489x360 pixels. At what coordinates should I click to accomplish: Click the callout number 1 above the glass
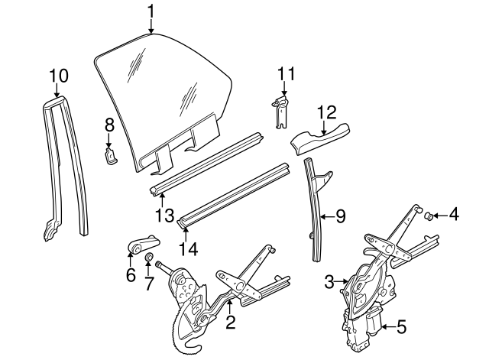point(151,11)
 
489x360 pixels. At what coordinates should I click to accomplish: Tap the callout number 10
point(59,76)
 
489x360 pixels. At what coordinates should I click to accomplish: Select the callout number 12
point(326,112)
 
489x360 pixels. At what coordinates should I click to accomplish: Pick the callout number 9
point(340,216)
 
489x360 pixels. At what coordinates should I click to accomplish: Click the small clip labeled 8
point(110,156)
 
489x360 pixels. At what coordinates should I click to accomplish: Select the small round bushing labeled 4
point(429,216)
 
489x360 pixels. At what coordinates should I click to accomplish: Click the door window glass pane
point(160,92)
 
